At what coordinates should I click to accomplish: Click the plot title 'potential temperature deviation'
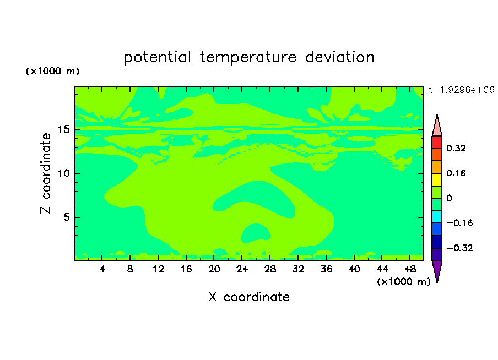248,57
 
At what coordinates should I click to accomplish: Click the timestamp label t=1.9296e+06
462,90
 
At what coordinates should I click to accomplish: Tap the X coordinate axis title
249,297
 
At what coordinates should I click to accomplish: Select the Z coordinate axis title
46,173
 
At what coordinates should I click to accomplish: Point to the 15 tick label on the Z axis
64,129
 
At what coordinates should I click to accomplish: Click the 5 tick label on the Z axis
67,217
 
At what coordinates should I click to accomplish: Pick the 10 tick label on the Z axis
64,173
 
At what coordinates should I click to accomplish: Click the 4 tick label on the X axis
102,269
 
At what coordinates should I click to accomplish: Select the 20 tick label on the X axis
214,269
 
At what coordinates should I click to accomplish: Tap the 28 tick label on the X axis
270,269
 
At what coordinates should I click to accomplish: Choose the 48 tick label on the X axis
410,269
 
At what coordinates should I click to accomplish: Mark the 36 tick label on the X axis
326,269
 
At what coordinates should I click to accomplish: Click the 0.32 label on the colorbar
456,148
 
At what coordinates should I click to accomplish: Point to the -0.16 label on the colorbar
459,223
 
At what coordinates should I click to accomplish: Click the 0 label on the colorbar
449,198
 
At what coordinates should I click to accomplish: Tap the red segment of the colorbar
437,142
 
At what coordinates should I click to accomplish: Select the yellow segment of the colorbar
437,179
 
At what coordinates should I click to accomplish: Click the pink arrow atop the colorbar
437,126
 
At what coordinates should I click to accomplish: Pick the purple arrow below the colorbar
437,270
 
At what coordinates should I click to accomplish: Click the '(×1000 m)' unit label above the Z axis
52,71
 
